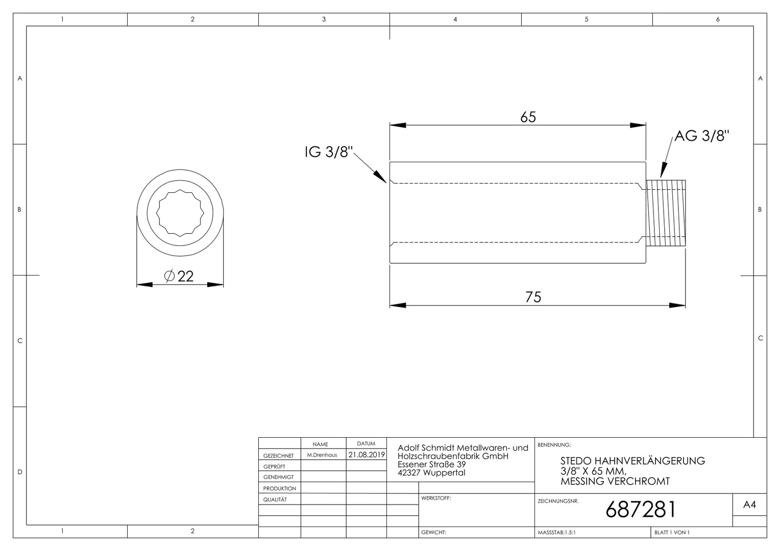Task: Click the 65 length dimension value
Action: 528,117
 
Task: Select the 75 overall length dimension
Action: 533,297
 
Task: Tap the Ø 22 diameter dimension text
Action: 179,276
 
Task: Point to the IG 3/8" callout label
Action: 329,152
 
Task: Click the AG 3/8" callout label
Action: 702,136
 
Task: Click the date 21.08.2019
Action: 367,455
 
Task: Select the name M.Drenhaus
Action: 322,455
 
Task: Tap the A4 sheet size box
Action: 749,505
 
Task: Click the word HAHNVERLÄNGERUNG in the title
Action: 649,461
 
